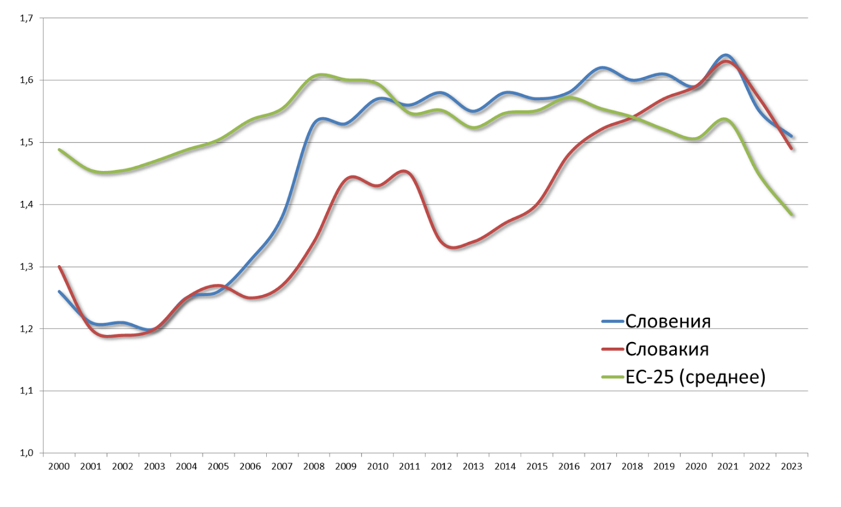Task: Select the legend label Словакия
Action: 667,349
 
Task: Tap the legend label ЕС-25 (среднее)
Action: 696,377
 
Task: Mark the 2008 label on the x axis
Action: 314,466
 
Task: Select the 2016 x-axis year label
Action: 569,466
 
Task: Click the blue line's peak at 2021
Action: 726,55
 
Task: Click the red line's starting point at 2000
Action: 59,266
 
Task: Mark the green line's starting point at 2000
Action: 59,149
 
